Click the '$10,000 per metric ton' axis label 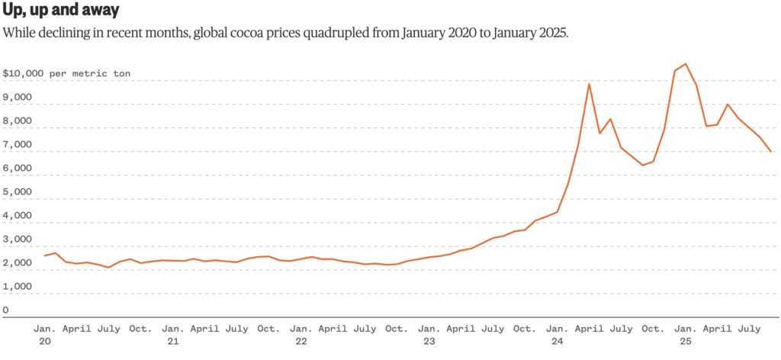[x=66, y=74]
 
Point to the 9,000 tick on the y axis [x=17, y=98]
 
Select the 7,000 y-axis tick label [x=17, y=145]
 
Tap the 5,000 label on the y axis [x=17, y=192]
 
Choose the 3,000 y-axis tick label [x=17, y=239]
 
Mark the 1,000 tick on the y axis [x=17, y=287]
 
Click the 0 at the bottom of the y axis [x=6, y=310]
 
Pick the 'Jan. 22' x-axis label [x=301, y=336]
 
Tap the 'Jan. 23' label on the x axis [x=429, y=336]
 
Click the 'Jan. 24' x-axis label [x=558, y=336]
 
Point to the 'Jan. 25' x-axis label [x=686, y=336]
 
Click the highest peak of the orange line [x=686, y=64]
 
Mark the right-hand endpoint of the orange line [x=771, y=152]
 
